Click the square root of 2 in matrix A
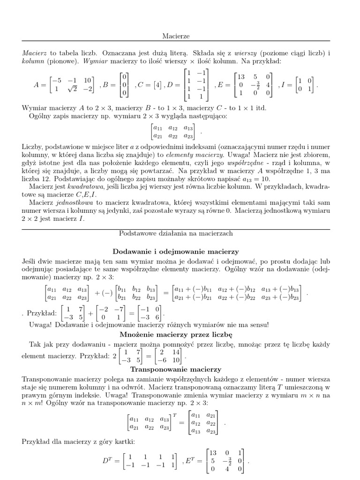point(72,90)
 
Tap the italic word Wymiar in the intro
point(94,60)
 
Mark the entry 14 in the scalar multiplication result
point(175,352)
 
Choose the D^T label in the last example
point(108,461)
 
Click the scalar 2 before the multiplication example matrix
point(114,356)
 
